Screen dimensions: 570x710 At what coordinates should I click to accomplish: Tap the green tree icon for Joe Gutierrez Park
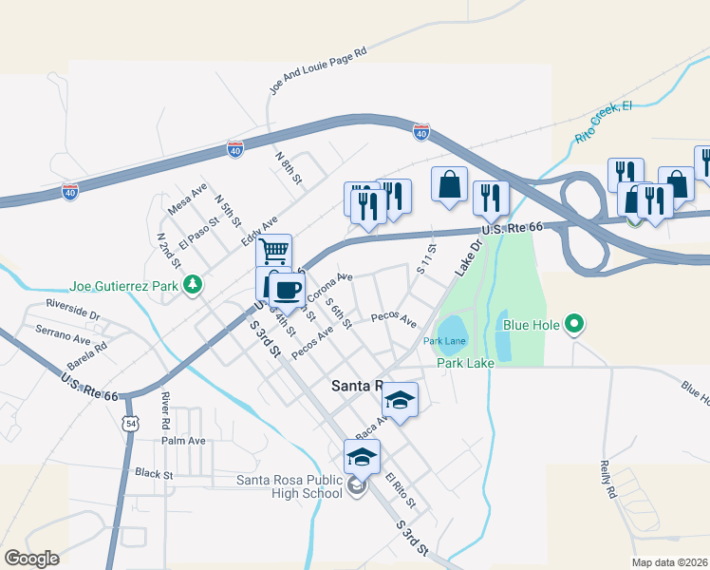193,284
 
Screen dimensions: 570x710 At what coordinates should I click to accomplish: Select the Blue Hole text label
529,327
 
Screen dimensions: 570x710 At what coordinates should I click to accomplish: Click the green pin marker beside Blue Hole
573,327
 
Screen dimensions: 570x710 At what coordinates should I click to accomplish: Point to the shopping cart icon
273,251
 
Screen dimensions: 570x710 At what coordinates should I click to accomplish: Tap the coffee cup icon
288,289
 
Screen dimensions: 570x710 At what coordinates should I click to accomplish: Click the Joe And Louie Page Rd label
318,72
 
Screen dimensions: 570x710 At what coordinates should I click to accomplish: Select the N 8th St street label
289,167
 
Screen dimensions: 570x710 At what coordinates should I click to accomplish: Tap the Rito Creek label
604,123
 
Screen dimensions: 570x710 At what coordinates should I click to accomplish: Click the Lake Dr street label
468,256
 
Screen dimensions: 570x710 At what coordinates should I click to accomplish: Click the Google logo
31,558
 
